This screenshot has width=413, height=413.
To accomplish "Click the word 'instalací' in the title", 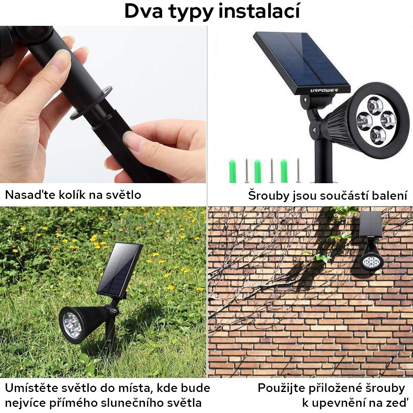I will tap(260, 11).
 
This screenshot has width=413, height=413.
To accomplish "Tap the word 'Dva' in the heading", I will tap(142, 11).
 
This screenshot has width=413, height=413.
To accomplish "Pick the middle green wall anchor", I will tap(258, 171).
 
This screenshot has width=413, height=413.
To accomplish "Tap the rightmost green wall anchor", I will tap(284, 170).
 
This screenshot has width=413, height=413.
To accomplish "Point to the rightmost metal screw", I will tap(298, 170).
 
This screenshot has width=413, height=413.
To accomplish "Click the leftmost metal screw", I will tap(246, 170).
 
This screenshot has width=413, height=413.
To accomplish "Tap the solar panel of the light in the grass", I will tap(120, 269).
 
